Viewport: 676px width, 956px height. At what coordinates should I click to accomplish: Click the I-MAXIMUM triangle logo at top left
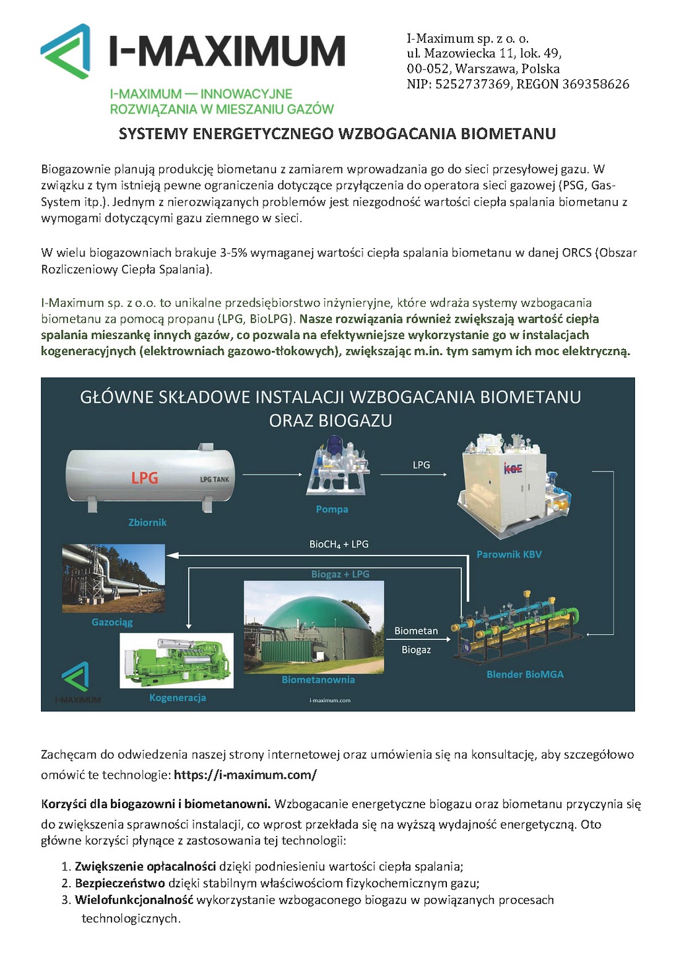(x=65, y=51)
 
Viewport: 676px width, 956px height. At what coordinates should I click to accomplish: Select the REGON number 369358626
(x=595, y=84)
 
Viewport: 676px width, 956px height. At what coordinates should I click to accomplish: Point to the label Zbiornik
(x=147, y=523)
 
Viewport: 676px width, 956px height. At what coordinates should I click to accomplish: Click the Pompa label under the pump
(x=331, y=509)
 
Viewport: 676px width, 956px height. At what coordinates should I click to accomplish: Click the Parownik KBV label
(x=509, y=554)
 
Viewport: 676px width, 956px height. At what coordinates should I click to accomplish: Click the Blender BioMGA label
(x=525, y=674)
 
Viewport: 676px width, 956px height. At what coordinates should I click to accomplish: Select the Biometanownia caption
(x=318, y=680)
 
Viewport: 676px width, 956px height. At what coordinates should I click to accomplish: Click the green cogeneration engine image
(x=177, y=662)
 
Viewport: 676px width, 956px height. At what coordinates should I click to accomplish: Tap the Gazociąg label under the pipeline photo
(x=112, y=622)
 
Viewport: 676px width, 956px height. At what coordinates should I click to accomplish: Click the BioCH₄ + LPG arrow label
(x=339, y=544)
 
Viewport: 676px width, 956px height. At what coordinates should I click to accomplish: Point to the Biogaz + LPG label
(x=340, y=574)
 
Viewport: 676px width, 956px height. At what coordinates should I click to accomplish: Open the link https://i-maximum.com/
(x=245, y=775)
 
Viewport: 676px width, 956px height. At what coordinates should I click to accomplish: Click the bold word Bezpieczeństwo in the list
(x=119, y=883)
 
